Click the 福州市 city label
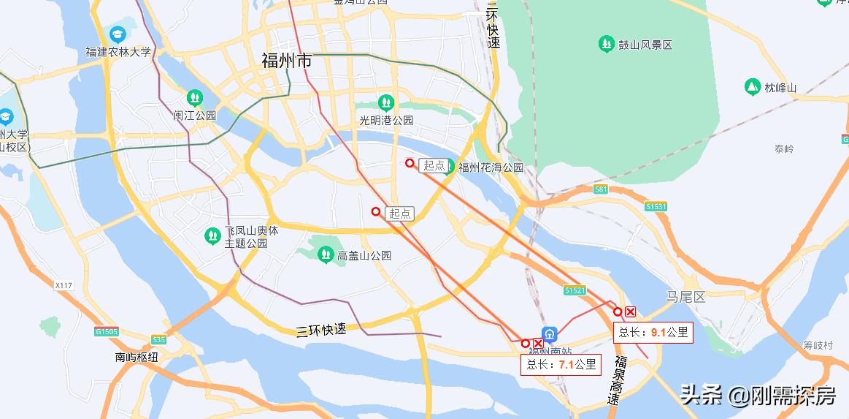(x=287, y=61)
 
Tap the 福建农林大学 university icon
(x=118, y=34)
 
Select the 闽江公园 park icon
(x=195, y=97)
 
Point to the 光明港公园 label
(x=386, y=120)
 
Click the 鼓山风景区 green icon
(x=606, y=45)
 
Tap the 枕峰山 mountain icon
(x=753, y=87)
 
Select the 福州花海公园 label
(x=491, y=167)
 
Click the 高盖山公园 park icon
(x=326, y=255)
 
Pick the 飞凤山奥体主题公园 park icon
(x=212, y=235)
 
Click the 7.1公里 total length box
(x=561, y=364)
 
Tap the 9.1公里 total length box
(x=653, y=332)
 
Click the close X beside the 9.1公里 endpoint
(x=631, y=312)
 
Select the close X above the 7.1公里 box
(x=538, y=343)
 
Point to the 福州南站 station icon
(x=550, y=334)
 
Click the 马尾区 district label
(x=685, y=296)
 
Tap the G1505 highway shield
(x=107, y=331)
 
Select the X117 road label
(x=64, y=284)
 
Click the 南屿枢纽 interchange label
(x=137, y=357)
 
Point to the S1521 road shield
(x=575, y=290)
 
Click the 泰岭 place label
(x=784, y=148)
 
